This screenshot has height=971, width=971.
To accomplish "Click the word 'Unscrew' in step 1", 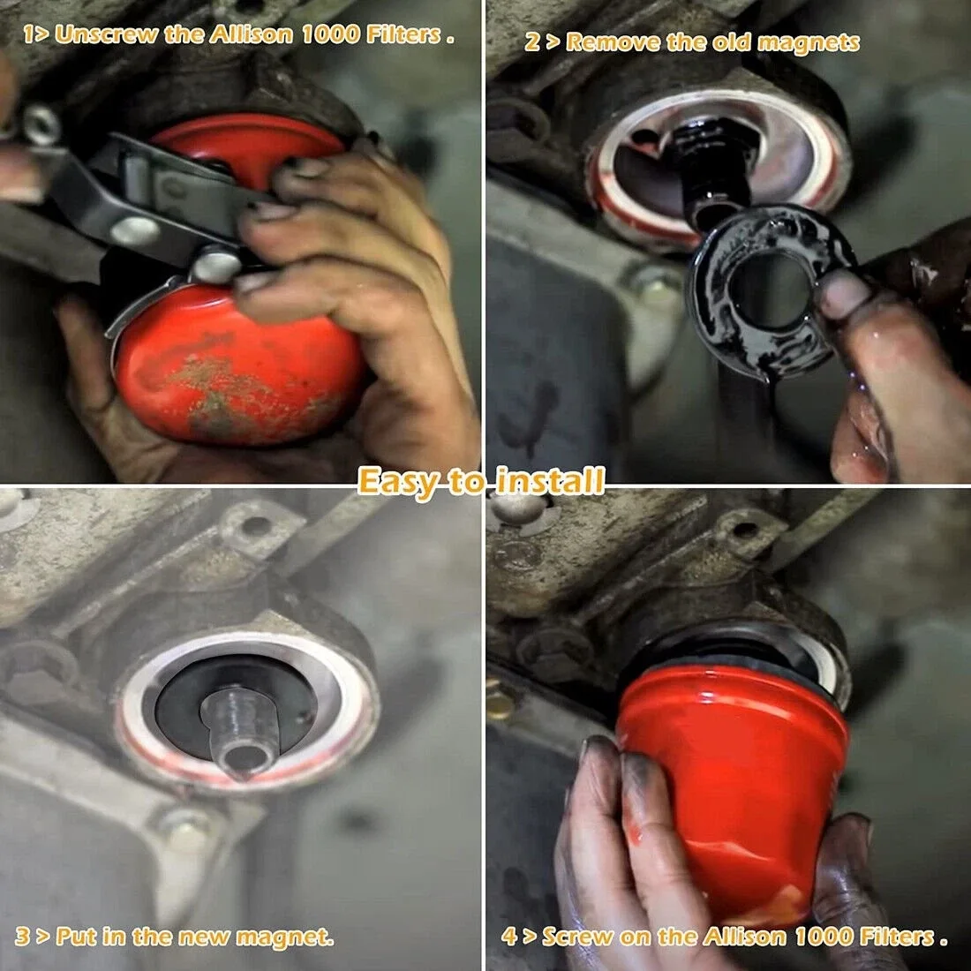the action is coord(106,34).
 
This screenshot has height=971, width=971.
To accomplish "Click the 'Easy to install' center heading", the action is coord(481,481).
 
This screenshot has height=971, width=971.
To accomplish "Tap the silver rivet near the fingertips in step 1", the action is coord(215,265).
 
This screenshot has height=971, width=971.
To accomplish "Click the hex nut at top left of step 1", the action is coord(41,124).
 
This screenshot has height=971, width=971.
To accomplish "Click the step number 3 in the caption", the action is coord(22,936).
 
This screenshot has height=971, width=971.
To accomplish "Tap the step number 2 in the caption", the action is coord(532,42).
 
